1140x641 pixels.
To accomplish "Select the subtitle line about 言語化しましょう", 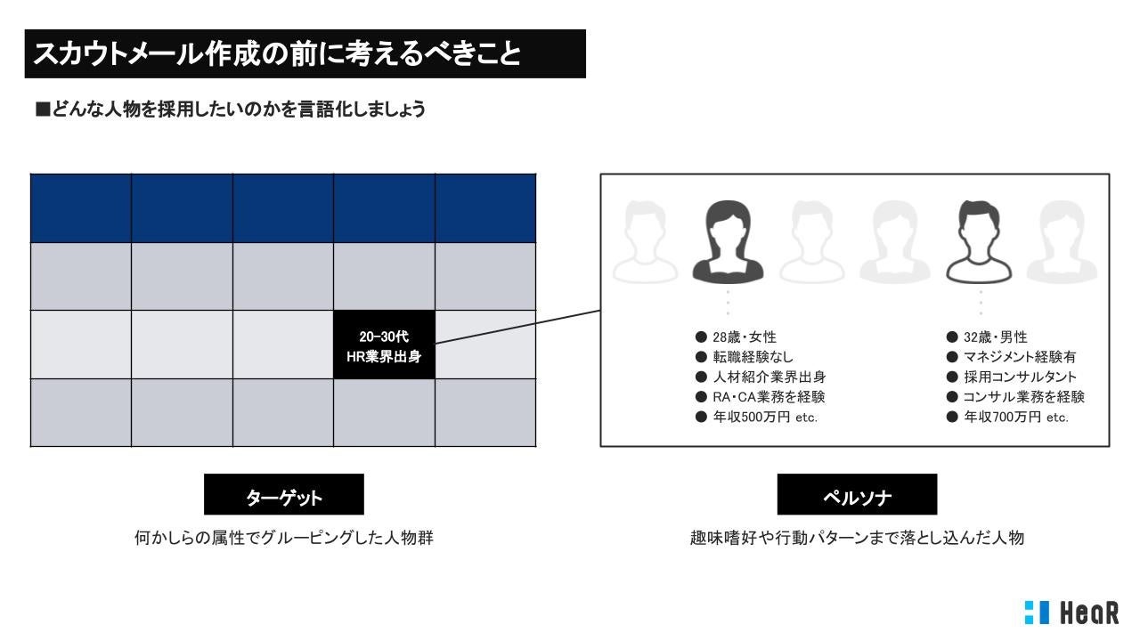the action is (230, 110).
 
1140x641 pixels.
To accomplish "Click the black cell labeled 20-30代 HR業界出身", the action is (384, 345).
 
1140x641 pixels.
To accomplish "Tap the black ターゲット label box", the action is (283, 495).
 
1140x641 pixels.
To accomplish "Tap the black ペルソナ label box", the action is (857, 495).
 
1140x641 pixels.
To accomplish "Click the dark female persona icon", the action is (728, 240).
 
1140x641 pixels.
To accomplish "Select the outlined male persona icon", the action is (981, 240).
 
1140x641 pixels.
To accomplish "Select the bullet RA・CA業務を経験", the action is (761, 397).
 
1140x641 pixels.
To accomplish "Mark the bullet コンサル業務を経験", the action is (1015, 397).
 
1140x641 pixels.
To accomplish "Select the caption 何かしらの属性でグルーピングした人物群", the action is (283, 539).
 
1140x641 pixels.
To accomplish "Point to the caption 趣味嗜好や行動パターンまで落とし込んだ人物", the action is (857, 539).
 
